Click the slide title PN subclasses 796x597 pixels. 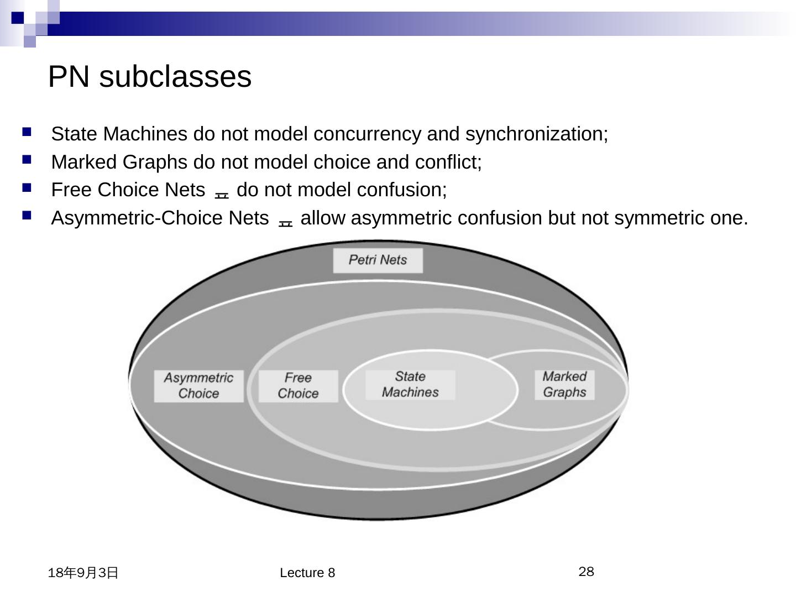point(150,76)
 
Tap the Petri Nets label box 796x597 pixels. point(378,260)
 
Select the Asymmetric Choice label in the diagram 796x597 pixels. point(198,386)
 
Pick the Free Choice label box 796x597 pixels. point(298,386)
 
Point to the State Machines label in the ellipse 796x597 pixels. point(410,384)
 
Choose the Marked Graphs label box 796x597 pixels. point(564,384)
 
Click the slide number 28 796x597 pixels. point(586,572)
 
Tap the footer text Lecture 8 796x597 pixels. point(307,573)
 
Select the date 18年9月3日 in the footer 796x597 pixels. point(83,573)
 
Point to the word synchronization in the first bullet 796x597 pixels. point(536,134)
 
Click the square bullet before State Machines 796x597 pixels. point(27,132)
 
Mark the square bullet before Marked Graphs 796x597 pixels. point(27,160)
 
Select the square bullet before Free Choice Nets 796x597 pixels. point(27,188)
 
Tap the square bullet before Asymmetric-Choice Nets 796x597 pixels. point(27,216)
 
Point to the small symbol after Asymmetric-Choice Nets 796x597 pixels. point(285,223)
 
